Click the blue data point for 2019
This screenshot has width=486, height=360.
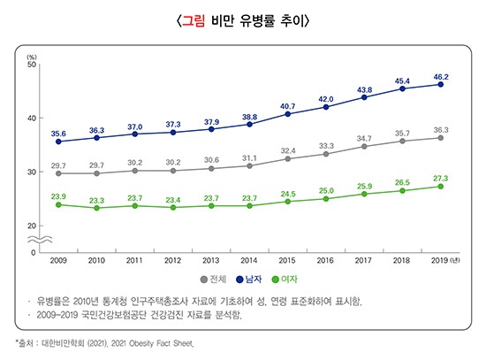[441, 85]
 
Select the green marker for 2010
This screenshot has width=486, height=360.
[96, 208]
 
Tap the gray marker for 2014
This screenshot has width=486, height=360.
[249, 165]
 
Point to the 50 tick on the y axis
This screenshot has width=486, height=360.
[32, 64]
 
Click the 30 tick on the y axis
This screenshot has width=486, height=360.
[32, 172]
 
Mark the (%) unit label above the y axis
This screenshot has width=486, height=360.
[32, 56]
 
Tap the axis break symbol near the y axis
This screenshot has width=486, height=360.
[34, 240]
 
